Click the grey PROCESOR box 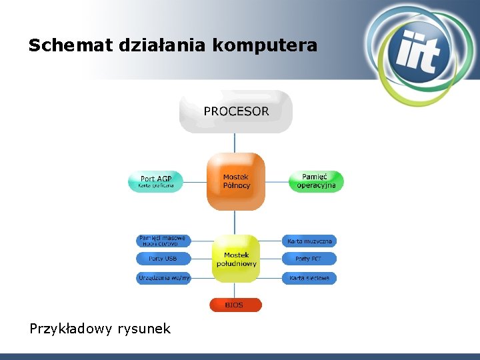point(236,111)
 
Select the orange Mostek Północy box point(236,181)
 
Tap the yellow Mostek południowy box point(236,259)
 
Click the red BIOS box point(236,305)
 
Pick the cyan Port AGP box point(156,181)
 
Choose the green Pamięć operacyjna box point(317,181)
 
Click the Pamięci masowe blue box point(163,240)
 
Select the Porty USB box point(163,259)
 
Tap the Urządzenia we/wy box point(163,277)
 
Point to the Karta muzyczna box point(309,241)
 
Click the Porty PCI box point(309,259)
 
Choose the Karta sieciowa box point(309,277)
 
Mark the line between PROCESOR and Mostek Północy point(235,143)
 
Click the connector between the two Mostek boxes point(235,222)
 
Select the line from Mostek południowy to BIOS point(235,292)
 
